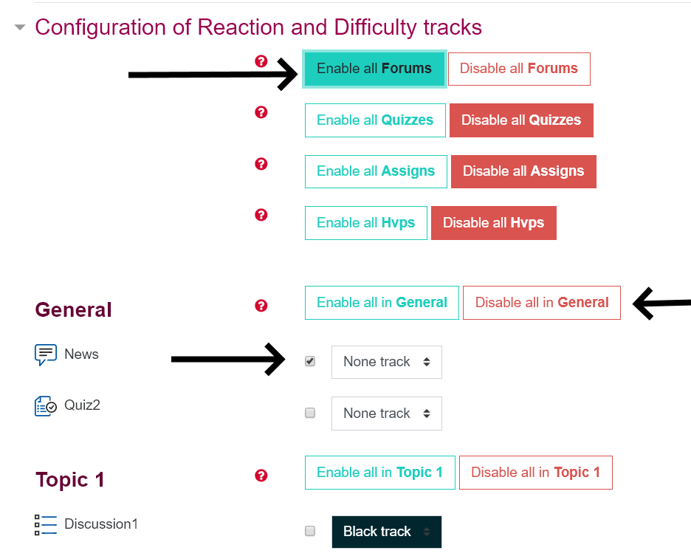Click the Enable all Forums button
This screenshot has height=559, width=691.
pyautogui.click(x=374, y=69)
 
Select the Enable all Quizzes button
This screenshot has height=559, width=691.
pyautogui.click(x=375, y=120)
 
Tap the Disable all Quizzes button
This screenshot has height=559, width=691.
pyautogui.click(x=521, y=120)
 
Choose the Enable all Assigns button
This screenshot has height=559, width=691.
pyautogui.click(x=376, y=171)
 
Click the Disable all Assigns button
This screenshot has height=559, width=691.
pyautogui.click(x=523, y=171)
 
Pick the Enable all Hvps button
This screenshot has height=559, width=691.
pyautogui.click(x=365, y=223)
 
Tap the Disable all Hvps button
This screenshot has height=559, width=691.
pyautogui.click(x=494, y=223)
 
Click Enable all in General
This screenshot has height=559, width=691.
pyautogui.click(x=382, y=303)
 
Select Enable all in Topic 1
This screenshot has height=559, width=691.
pyautogui.click(x=380, y=473)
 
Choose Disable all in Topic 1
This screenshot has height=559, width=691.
pyautogui.click(x=536, y=473)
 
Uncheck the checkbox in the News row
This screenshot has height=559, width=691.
pyautogui.click(x=310, y=362)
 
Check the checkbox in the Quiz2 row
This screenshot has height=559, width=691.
pyautogui.click(x=310, y=413)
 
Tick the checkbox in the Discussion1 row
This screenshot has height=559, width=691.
pyautogui.click(x=310, y=531)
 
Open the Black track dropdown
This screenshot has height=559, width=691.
pyautogui.click(x=387, y=532)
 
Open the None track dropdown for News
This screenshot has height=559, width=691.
pyautogui.click(x=387, y=362)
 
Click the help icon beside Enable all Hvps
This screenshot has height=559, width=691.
pyautogui.click(x=261, y=215)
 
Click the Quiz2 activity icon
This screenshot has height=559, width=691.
pyautogui.click(x=45, y=406)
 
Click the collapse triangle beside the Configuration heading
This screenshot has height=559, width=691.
pyautogui.click(x=20, y=27)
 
